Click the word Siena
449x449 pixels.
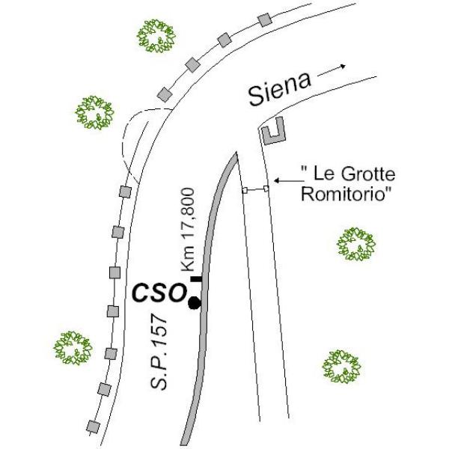[x=280, y=89]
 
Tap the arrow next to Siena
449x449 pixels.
[x=332, y=71]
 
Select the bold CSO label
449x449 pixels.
[x=159, y=293]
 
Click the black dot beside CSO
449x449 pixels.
[x=195, y=302]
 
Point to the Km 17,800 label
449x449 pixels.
[x=188, y=230]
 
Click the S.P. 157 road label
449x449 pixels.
[x=159, y=352]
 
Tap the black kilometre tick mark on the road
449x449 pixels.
[x=196, y=279]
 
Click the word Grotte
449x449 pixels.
[x=368, y=174]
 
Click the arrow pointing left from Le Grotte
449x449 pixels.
[x=289, y=180]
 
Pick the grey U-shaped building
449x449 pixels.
[x=274, y=132]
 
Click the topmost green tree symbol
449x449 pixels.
[x=156, y=36]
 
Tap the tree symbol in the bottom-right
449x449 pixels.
[x=342, y=366]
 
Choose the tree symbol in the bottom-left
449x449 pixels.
[x=73, y=348]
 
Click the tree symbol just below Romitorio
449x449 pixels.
[x=356, y=244]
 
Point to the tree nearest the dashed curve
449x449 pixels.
[x=94, y=112]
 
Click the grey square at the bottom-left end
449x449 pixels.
[x=94, y=427]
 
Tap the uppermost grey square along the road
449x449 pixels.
[x=264, y=19]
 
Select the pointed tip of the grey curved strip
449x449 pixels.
[x=236, y=153]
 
